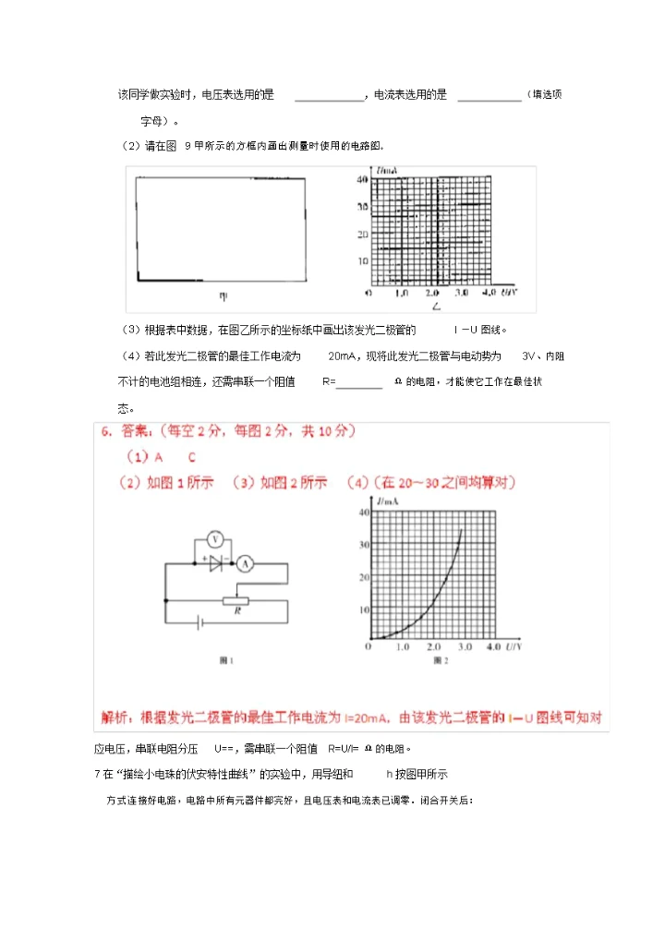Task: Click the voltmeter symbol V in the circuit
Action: tap(214, 538)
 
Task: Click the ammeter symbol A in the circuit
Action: tap(245, 562)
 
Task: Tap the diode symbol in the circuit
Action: tap(218, 562)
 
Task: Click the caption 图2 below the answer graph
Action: tap(440, 661)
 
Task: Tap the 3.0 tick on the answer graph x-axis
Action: tap(464, 647)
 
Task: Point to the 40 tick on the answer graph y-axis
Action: tap(362, 512)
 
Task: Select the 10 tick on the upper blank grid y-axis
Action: tap(363, 261)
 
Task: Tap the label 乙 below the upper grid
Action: tap(436, 304)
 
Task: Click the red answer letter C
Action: tap(191, 457)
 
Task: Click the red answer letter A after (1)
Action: tap(158, 457)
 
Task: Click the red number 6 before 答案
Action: tap(106, 431)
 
